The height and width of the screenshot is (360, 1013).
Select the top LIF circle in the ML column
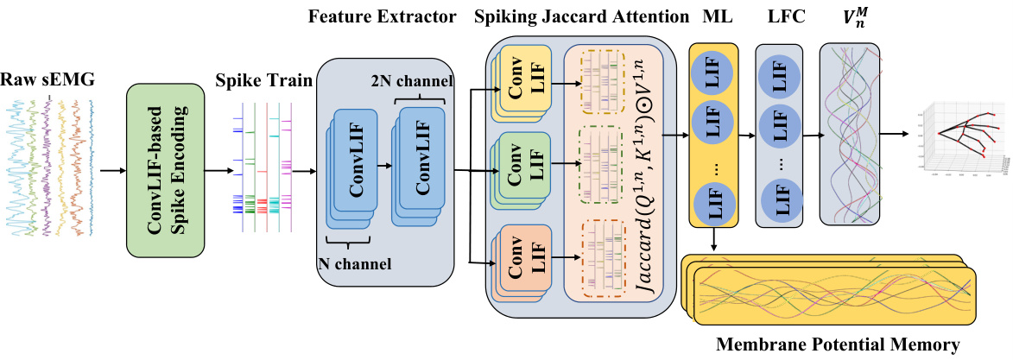(x=713, y=75)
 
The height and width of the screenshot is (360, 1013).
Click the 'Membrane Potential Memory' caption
(x=838, y=345)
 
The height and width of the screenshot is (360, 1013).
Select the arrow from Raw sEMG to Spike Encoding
(x=111, y=170)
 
